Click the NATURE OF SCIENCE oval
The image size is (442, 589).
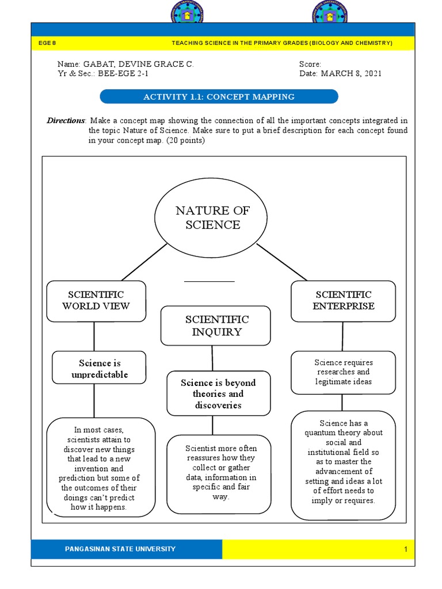[213, 217]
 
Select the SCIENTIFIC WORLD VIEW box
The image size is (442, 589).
[96, 301]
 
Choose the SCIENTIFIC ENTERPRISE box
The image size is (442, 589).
[343, 301]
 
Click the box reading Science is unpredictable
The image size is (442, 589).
[99, 368]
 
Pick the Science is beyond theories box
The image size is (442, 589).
[218, 393]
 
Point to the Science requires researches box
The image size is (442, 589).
[343, 372]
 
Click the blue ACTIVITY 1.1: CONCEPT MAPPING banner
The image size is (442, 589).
[219, 97]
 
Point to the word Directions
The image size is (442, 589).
[66, 120]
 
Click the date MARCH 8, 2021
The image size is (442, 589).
[351, 74]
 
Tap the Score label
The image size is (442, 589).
[310, 64]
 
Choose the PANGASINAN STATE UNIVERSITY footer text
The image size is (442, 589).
[120, 549]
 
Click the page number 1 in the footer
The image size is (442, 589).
[405, 549]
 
